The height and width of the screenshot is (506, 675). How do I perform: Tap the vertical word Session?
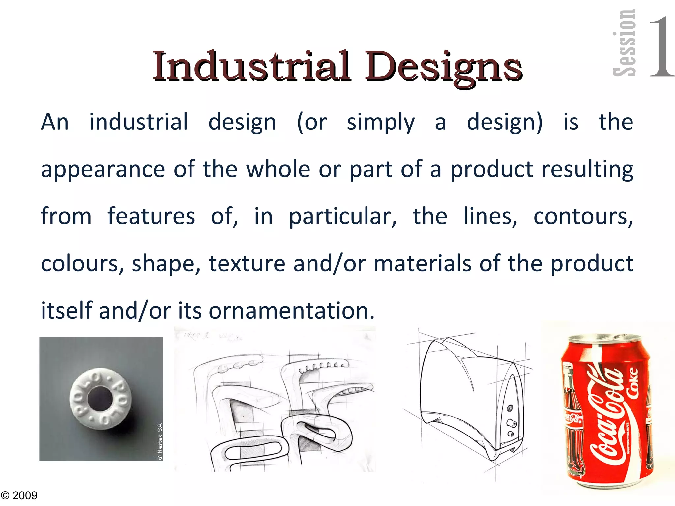[624, 43]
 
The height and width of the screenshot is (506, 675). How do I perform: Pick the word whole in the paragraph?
[278, 169]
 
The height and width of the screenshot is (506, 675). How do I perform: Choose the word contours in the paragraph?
[583, 217]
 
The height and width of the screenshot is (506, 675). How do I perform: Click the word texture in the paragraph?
[247, 264]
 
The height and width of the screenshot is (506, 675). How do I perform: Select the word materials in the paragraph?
[422, 264]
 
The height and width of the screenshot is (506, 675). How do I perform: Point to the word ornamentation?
[291, 311]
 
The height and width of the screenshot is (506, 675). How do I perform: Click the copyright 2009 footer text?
[19, 495]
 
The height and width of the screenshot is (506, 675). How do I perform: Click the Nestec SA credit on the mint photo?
[160, 441]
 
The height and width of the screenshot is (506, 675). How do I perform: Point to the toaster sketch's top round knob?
[510, 409]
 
